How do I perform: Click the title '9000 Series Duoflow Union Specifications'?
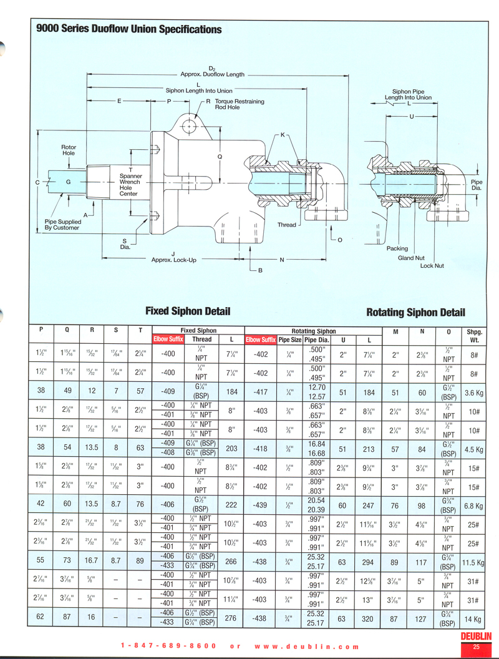[128, 29]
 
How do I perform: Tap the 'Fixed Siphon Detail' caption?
[188, 311]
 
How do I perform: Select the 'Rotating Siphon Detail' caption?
[415, 313]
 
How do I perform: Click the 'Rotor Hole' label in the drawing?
[69, 150]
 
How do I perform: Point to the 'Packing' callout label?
[397, 248]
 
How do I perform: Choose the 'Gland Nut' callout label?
[411, 258]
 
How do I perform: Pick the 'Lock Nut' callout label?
[432, 266]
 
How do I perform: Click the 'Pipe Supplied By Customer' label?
[62, 225]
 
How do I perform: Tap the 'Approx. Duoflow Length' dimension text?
[211, 74]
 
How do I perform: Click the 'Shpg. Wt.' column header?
[474, 336]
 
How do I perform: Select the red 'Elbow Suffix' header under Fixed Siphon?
[168, 339]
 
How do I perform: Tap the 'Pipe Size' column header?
[289, 340]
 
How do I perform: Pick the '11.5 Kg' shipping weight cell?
[474, 562]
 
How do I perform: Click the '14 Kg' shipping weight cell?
[474, 619]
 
